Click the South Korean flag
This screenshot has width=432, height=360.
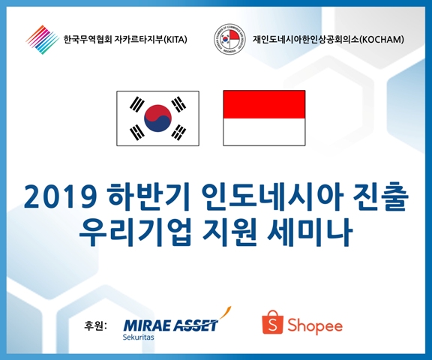[157, 118]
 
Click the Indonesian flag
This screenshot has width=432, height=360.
[264, 118]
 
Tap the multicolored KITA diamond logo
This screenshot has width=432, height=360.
[43, 40]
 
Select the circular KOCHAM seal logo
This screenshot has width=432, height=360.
[230, 39]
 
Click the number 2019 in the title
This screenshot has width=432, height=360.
[61, 197]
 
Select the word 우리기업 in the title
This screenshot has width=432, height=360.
[135, 232]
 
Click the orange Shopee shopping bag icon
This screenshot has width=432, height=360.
[273, 322]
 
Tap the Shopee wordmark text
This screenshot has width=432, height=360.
[315, 325]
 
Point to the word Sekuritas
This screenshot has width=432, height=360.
[138, 337]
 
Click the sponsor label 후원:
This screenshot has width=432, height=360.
[95, 325]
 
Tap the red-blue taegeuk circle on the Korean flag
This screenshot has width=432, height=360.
[157, 118]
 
